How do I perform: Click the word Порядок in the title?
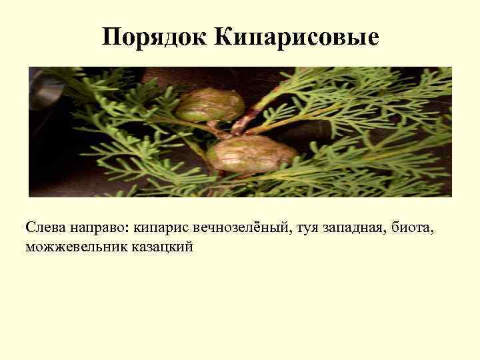(x=155, y=37)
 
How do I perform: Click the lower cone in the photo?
(x=251, y=153)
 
